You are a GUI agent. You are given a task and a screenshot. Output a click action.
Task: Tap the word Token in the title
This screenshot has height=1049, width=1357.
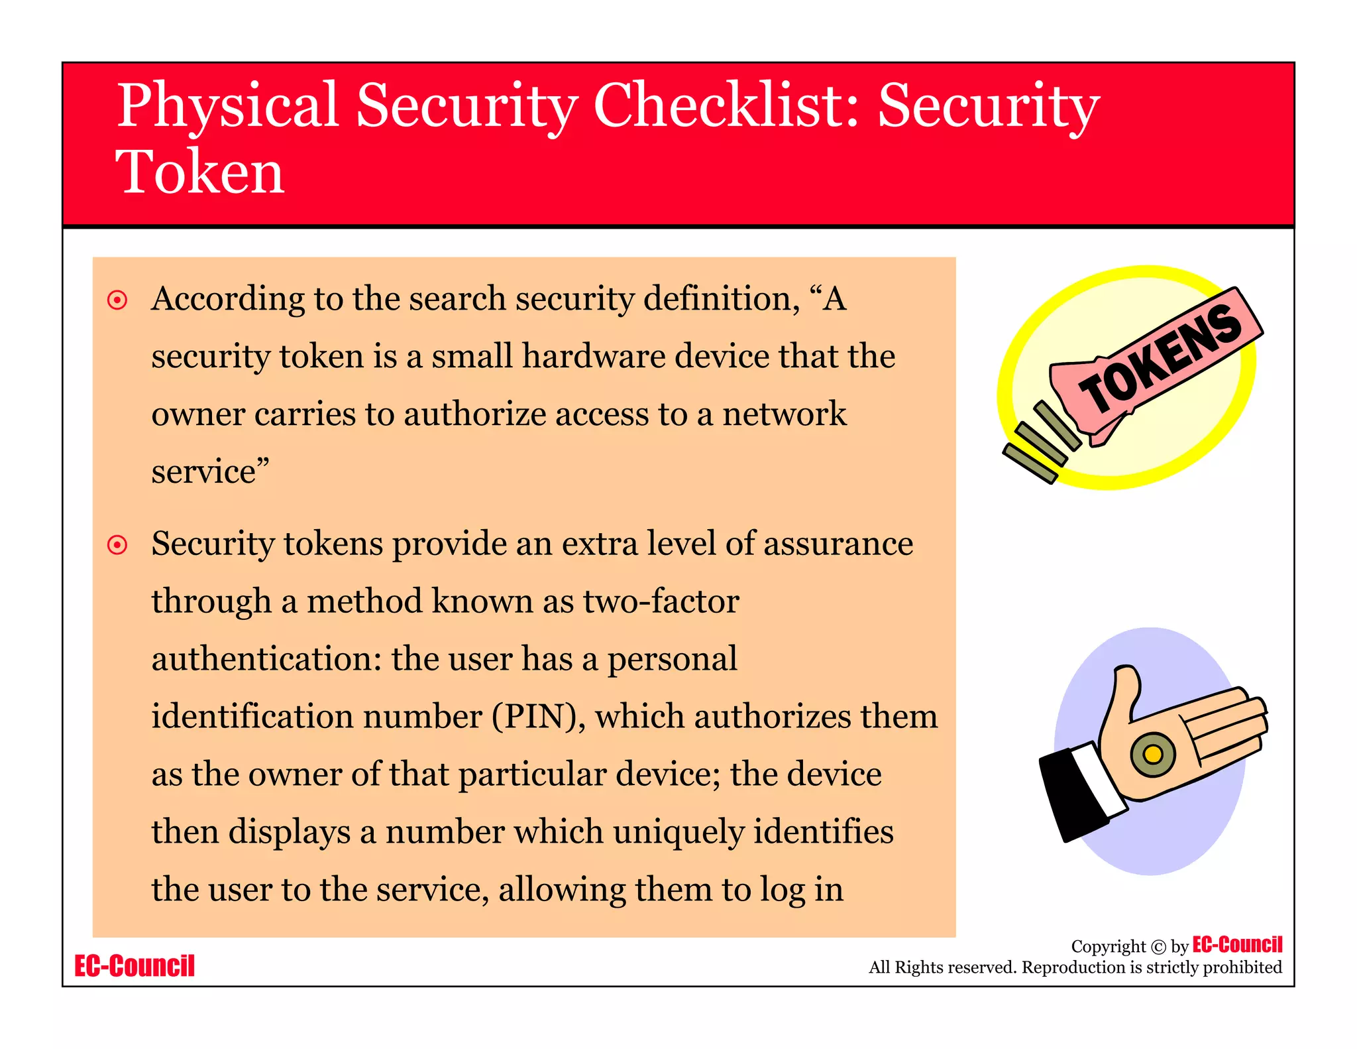pyautogui.click(x=199, y=172)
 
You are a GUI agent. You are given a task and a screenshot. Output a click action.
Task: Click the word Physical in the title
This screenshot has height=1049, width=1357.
pyautogui.click(x=228, y=106)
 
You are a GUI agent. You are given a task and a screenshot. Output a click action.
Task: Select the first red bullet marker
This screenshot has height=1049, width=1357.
pyautogui.click(x=117, y=300)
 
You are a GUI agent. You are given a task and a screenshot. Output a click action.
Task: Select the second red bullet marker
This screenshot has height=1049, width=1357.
pyautogui.click(x=117, y=545)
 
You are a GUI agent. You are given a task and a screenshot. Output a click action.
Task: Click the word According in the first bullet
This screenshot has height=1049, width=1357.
pyautogui.click(x=227, y=300)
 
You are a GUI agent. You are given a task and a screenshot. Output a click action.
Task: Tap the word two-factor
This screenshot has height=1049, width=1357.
pyautogui.click(x=661, y=601)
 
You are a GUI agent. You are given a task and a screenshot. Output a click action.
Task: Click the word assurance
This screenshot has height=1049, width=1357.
pyautogui.click(x=838, y=544)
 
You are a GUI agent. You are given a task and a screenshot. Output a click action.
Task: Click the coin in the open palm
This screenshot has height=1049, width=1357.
pyautogui.click(x=1153, y=754)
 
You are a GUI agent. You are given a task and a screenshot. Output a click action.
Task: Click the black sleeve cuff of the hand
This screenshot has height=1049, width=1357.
pyautogui.click(x=1070, y=796)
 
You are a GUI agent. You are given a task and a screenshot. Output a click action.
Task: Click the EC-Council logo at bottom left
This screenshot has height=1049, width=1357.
pyautogui.click(x=135, y=966)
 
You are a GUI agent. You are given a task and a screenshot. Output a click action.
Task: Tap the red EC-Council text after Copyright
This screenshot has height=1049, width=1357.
pyautogui.click(x=1237, y=944)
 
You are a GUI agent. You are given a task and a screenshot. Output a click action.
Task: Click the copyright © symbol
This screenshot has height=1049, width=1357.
pyautogui.click(x=1158, y=947)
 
